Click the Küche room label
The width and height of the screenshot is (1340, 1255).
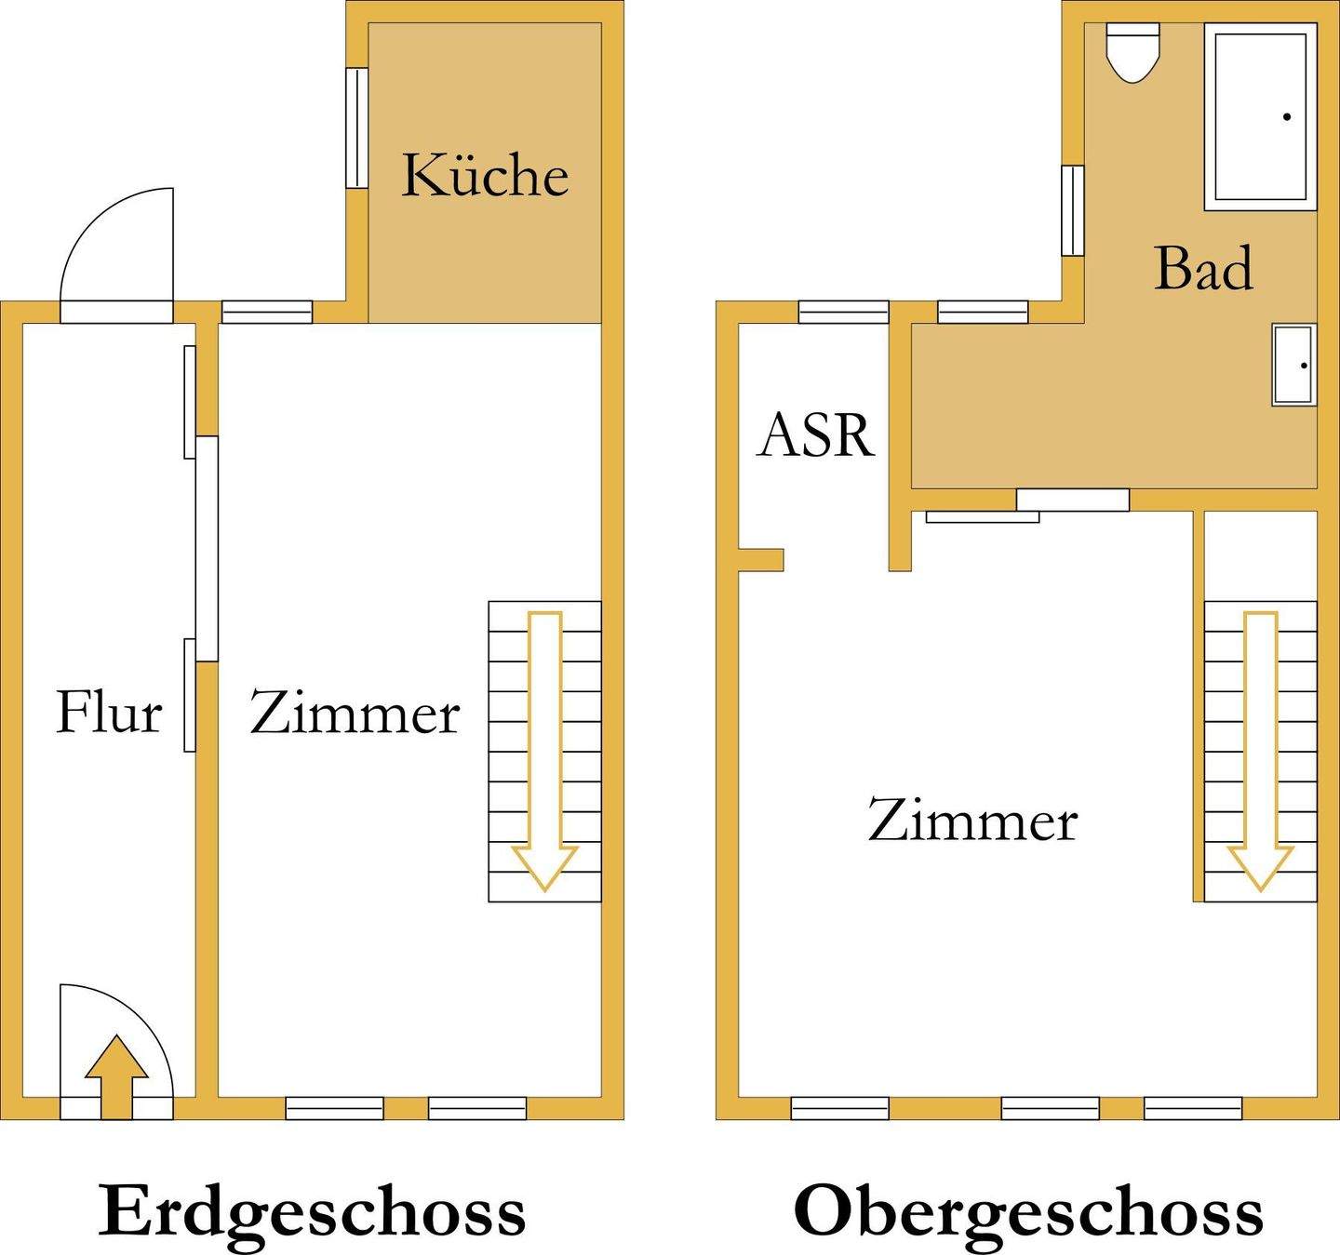tap(484, 175)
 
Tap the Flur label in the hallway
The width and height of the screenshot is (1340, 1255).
tap(109, 713)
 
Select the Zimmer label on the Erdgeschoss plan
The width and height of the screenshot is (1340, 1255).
tap(355, 714)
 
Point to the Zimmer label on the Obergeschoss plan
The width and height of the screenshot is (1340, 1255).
tap(972, 821)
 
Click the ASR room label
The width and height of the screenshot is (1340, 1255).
tap(816, 434)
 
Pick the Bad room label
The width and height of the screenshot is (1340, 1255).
tap(1203, 268)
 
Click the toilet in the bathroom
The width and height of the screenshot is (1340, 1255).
tap(1132, 51)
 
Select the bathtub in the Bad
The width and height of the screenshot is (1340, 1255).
tap(1261, 116)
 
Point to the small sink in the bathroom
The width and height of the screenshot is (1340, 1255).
tap(1293, 365)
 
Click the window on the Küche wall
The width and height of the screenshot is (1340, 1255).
tap(357, 127)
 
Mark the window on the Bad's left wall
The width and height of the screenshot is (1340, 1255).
tap(1073, 210)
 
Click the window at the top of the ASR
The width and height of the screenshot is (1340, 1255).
tap(843, 312)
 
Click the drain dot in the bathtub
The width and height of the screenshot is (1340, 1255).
tap(1287, 116)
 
